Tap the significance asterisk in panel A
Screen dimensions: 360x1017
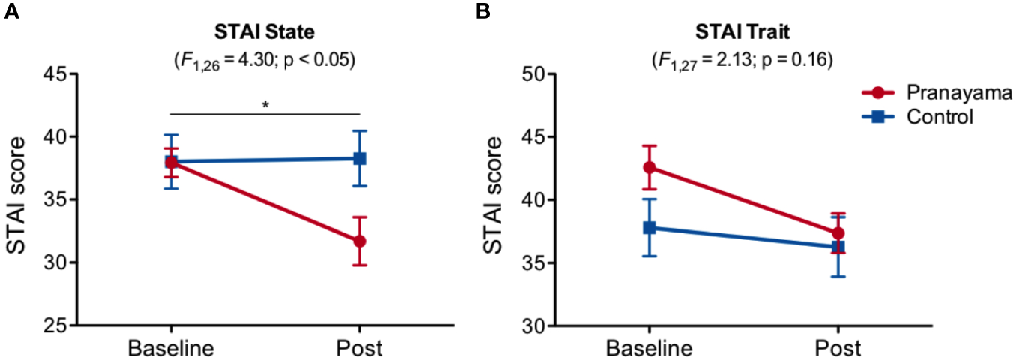click(x=265, y=105)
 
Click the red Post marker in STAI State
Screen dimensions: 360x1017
click(x=360, y=241)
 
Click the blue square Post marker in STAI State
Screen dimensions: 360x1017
click(x=360, y=158)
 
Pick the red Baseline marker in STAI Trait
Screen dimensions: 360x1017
click(x=649, y=167)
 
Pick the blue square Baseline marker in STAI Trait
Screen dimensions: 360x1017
click(x=649, y=227)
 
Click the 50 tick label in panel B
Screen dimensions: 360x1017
click(x=535, y=74)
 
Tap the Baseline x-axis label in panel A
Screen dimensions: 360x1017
click(x=171, y=349)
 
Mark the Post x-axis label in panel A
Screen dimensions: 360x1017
click(x=360, y=349)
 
